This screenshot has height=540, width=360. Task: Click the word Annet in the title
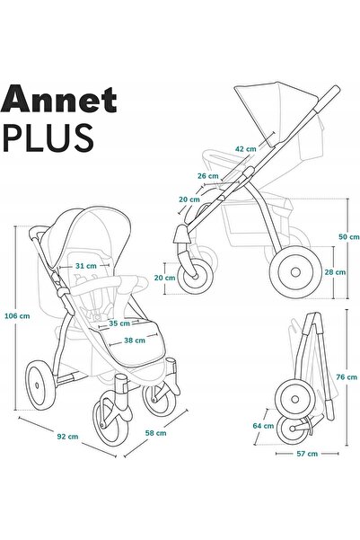coord(59,100)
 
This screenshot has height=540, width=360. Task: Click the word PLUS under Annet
coord(48,137)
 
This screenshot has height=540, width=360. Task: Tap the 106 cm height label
coord(17,315)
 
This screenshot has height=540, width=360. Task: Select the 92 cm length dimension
coord(68,437)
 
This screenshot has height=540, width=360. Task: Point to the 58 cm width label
coord(155,433)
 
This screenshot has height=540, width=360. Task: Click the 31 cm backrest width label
coord(86,266)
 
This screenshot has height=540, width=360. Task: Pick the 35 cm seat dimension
coord(119,323)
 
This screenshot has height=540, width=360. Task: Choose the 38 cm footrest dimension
coord(135,341)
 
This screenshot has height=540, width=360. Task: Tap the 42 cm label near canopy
coord(246,149)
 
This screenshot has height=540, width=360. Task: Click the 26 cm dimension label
coord(208,176)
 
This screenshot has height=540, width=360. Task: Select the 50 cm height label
coord(349,237)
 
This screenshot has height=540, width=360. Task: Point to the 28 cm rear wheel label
coord(335,272)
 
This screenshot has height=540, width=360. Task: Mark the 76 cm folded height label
coord(347,377)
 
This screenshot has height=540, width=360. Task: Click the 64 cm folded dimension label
coord(263,426)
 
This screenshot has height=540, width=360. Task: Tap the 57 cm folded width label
coord(307,454)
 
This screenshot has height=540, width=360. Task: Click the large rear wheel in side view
coord(295,272)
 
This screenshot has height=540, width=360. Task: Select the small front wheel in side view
coord(195,277)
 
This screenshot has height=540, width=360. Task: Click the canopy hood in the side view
coord(277,112)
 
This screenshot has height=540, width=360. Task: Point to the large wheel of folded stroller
coord(294,400)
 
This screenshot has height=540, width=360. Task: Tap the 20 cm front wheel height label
coord(165,278)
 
